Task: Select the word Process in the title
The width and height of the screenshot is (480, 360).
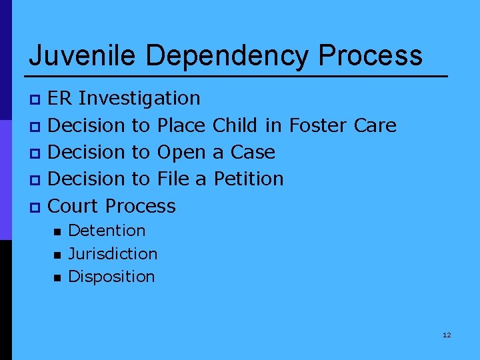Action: click(x=370, y=55)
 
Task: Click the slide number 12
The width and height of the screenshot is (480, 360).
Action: click(x=447, y=335)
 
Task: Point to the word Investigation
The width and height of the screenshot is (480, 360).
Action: click(x=139, y=99)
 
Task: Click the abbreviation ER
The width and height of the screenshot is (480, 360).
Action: click(x=61, y=99)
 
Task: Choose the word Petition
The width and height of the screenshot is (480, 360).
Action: click(x=249, y=179)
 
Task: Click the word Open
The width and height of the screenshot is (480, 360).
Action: click(x=181, y=153)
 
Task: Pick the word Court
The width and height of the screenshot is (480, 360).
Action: click(x=75, y=206)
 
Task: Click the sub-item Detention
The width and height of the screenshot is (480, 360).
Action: click(x=107, y=231)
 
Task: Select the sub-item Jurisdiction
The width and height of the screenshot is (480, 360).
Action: click(x=113, y=254)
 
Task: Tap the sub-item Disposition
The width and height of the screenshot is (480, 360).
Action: click(x=111, y=277)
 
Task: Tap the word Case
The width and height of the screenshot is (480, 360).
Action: click(x=253, y=153)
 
